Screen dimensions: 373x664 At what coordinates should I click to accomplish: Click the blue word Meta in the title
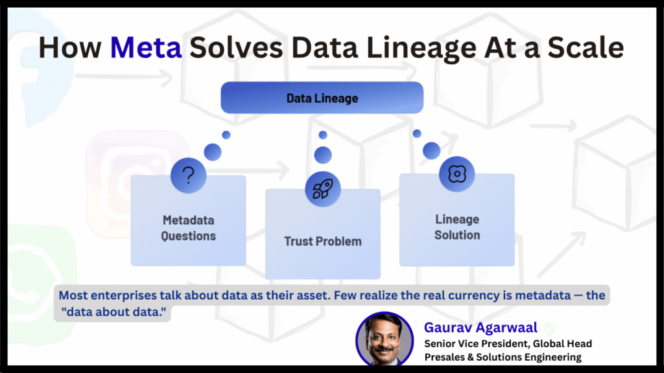coord(145,48)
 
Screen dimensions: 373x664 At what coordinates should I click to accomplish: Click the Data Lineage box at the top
coord(322,98)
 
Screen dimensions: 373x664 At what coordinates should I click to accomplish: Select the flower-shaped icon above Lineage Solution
coord(456,174)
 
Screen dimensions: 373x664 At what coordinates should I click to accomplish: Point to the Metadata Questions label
coord(188,228)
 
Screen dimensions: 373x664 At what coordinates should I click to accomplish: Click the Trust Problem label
coord(322,242)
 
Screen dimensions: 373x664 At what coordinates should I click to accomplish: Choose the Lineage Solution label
coord(456,227)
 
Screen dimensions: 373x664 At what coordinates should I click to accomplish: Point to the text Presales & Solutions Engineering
coord(503,357)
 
